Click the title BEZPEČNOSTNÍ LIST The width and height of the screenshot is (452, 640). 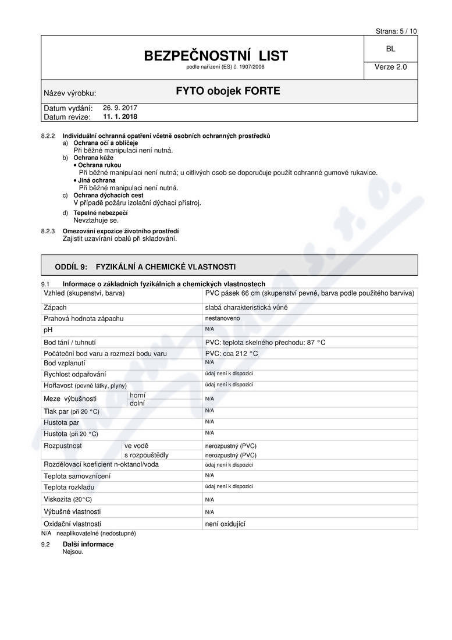pos(216,56)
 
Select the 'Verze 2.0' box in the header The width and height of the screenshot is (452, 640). pos(390,67)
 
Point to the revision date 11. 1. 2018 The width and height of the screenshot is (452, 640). pos(120,116)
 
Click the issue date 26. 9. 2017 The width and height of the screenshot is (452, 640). pos(120,108)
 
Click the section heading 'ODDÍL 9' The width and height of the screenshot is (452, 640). pos(71,266)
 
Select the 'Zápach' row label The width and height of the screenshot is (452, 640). pos(55,307)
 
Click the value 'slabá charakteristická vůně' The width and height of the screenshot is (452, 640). pos(246,307)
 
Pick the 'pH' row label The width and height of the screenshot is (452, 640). pos(48,330)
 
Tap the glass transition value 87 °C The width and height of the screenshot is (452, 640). pos(314,342)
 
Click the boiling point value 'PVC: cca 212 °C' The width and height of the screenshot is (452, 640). pos(232,353)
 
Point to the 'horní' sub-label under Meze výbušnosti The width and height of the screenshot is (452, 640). pos(138,395)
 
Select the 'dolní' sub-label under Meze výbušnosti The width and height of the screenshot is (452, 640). pos(137,403)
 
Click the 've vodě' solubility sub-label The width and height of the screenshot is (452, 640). pos(136,446)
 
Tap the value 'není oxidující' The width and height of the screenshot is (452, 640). pos(226,524)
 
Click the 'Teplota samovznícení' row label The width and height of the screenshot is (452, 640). pos(77,476)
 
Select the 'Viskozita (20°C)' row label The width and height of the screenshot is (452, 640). pos(67,499)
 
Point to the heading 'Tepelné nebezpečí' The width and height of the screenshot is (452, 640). pos(100,213)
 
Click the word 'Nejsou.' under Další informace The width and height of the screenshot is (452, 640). pos(73,552)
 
